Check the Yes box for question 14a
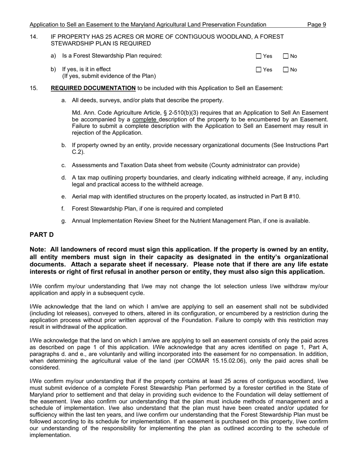pos(259,56)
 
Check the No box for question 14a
pos(286,56)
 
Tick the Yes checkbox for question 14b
pos(259,70)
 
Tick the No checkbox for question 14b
pos(286,70)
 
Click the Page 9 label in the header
pos(316,25)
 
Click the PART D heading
pos(42,235)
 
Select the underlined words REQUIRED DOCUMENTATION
pos(93,88)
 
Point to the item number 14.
pos(33,37)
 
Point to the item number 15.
pos(33,88)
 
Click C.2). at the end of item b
pos(78,152)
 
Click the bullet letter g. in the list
pos(64,221)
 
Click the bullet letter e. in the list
pos(64,196)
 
